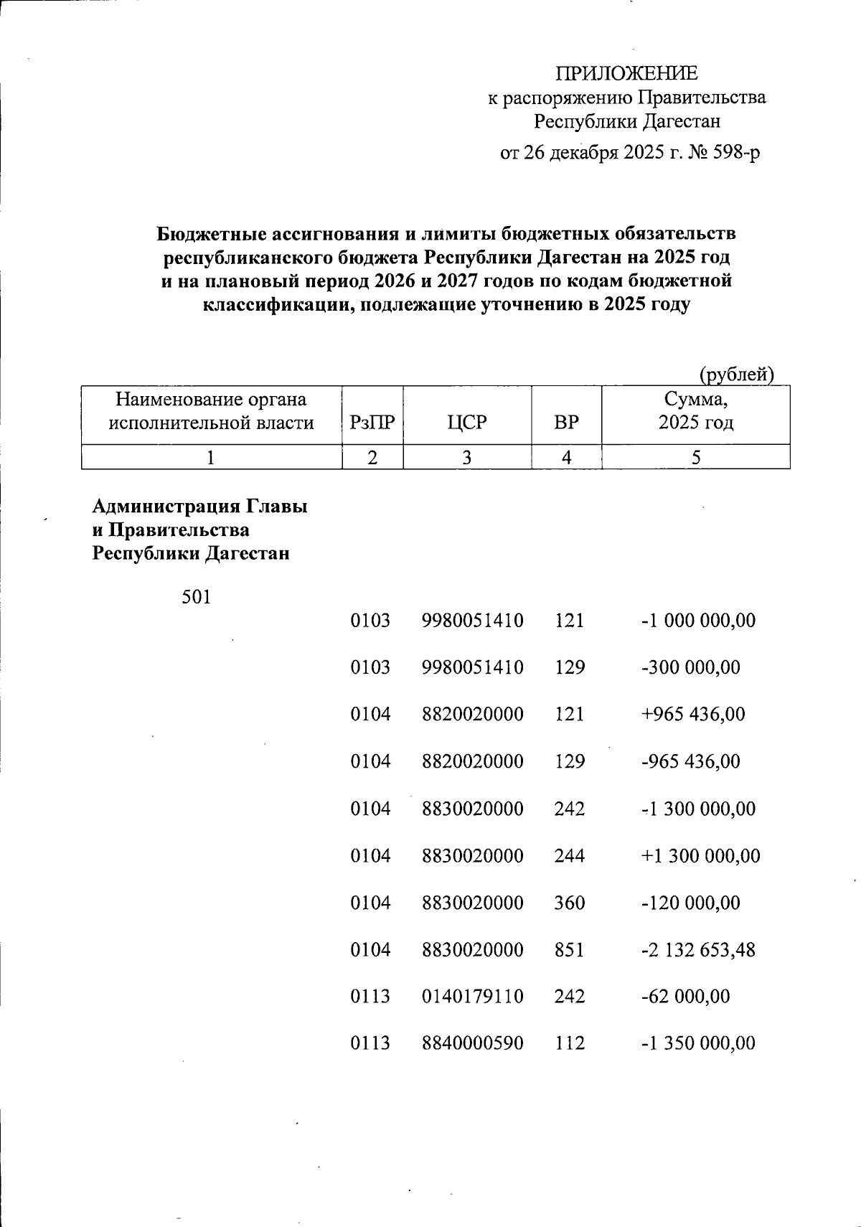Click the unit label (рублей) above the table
(736, 374)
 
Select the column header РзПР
(372, 422)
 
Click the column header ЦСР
(466, 422)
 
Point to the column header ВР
(566, 422)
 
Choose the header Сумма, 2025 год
(695, 410)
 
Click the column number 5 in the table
(695, 457)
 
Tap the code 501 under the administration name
(197, 596)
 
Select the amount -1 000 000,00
(697, 621)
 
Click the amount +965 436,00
(692, 714)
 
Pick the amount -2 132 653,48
(697, 950)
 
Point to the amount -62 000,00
(684, 997)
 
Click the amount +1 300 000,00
(700, 855)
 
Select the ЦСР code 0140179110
(472, 997)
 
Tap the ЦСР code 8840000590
(472, 1043)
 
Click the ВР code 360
(570, 903)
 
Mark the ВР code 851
(570, 950)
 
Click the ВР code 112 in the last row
(570, 1043)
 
